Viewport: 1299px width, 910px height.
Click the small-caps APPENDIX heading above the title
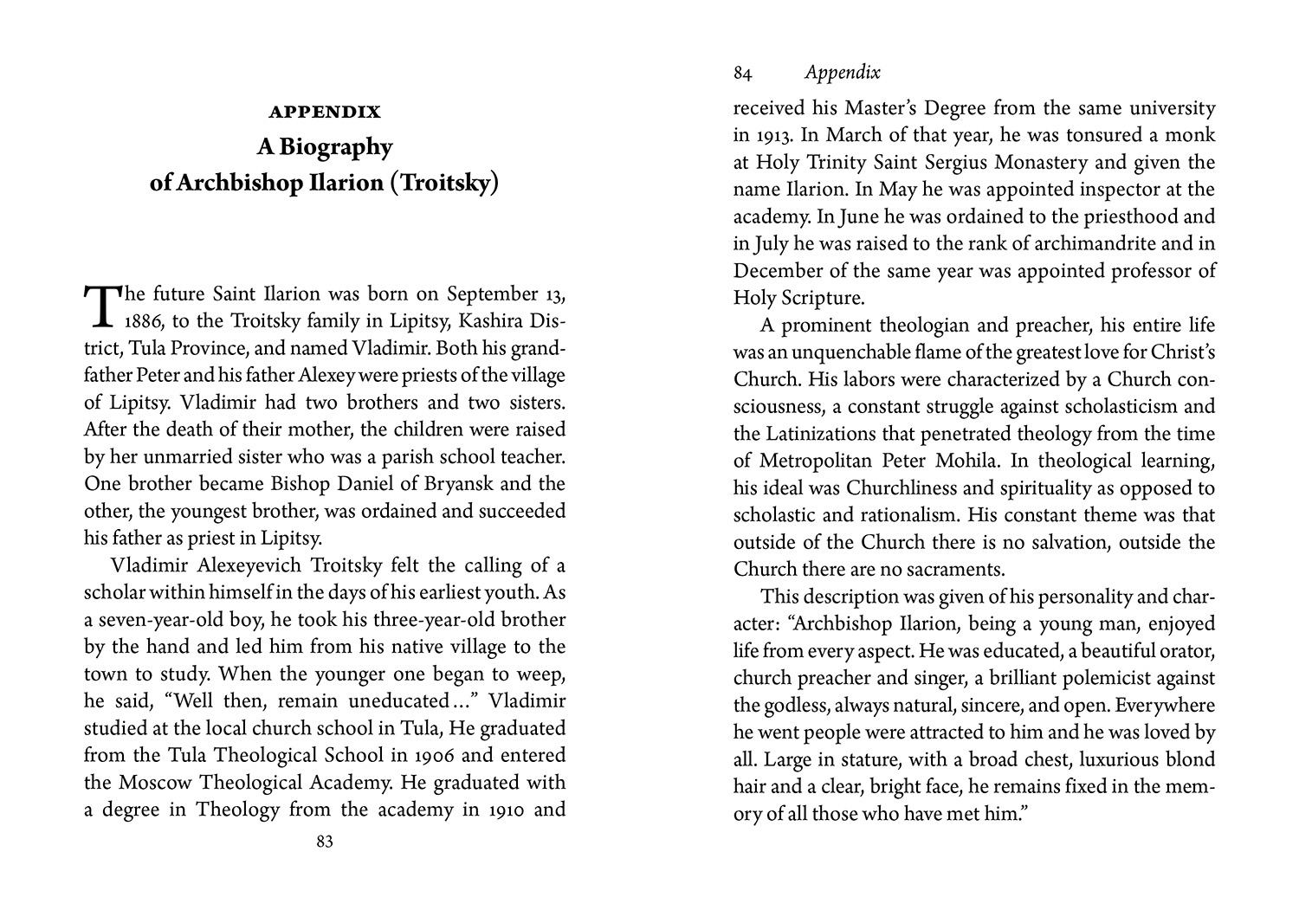[x=325, y=112]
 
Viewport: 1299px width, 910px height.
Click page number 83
[x=325, y=842]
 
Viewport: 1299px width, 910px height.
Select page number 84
[x=742, y=74]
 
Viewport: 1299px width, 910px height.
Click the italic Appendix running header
[x=842, y=74]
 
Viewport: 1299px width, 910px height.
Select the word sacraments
[x=954, y=570]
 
